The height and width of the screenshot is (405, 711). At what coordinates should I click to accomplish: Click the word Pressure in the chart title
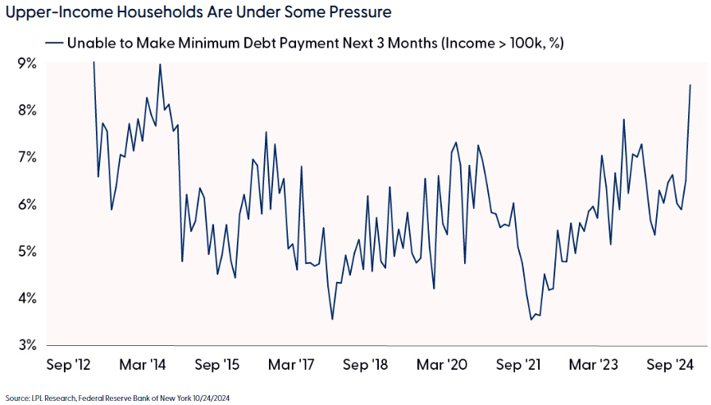(x=352, y=13)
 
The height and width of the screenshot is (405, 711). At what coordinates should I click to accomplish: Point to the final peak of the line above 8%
(x=690, y=85)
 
